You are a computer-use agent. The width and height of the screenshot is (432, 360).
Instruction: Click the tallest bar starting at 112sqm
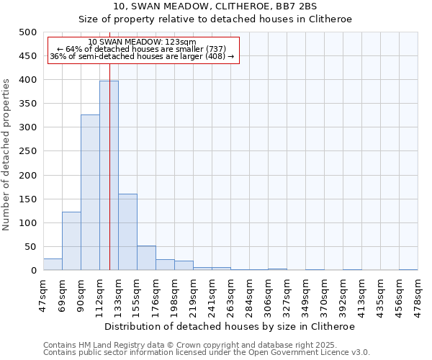[109, 176]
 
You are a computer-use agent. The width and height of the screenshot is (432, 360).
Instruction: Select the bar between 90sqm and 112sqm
[90, 192]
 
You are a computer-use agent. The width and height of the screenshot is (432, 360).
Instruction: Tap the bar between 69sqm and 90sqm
[71, 241]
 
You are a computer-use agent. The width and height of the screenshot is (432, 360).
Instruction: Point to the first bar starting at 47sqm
[53, 264]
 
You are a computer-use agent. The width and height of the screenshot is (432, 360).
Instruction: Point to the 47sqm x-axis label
[44, 294]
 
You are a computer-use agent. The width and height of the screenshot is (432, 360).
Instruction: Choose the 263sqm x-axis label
[231, 294]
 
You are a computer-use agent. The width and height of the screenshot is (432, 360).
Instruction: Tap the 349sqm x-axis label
[306, 294]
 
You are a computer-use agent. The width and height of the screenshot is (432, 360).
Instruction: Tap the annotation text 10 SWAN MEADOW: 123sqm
[142, 42]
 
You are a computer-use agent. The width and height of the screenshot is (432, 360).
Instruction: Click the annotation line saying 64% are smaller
[142, 49]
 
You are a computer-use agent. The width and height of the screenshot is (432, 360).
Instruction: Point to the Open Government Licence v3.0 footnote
[207, 353]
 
